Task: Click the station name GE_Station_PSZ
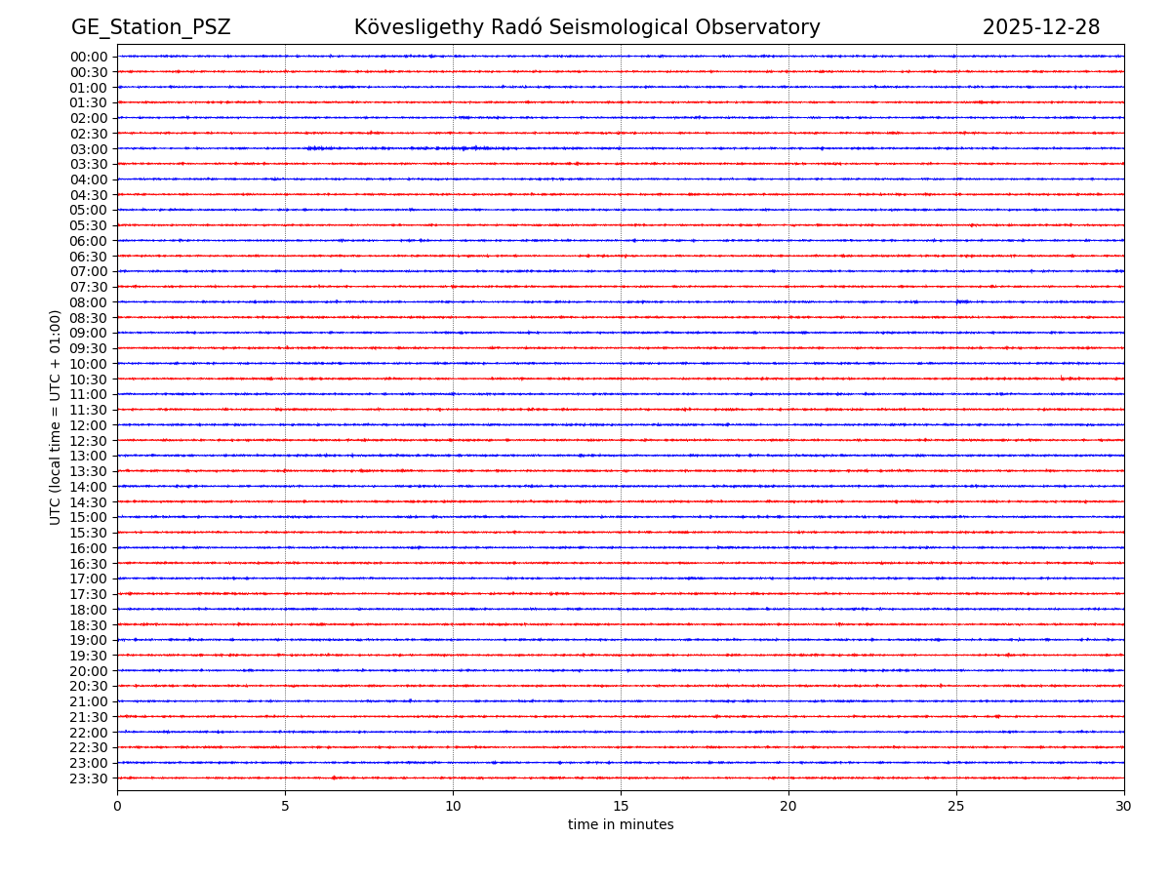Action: pos(150,28)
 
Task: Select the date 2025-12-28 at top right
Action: pos(1040,28)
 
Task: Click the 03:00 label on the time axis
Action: pos(89,149)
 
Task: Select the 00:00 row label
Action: pos(89,57)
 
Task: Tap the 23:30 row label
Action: pos(89,778)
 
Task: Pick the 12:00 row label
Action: pos(89,425)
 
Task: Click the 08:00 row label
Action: pos(89,302)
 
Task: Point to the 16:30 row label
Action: pos(89,564)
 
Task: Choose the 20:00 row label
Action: pos(89,671)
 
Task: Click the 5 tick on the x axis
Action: pos(285,806)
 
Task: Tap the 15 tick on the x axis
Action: pos(621,806)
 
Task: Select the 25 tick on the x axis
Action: pos(956,806)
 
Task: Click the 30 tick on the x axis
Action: pos(1124,806)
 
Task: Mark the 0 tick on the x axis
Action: pos(117,806)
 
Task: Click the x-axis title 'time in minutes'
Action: pos(621,825)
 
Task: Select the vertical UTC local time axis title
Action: pos(56,417)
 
